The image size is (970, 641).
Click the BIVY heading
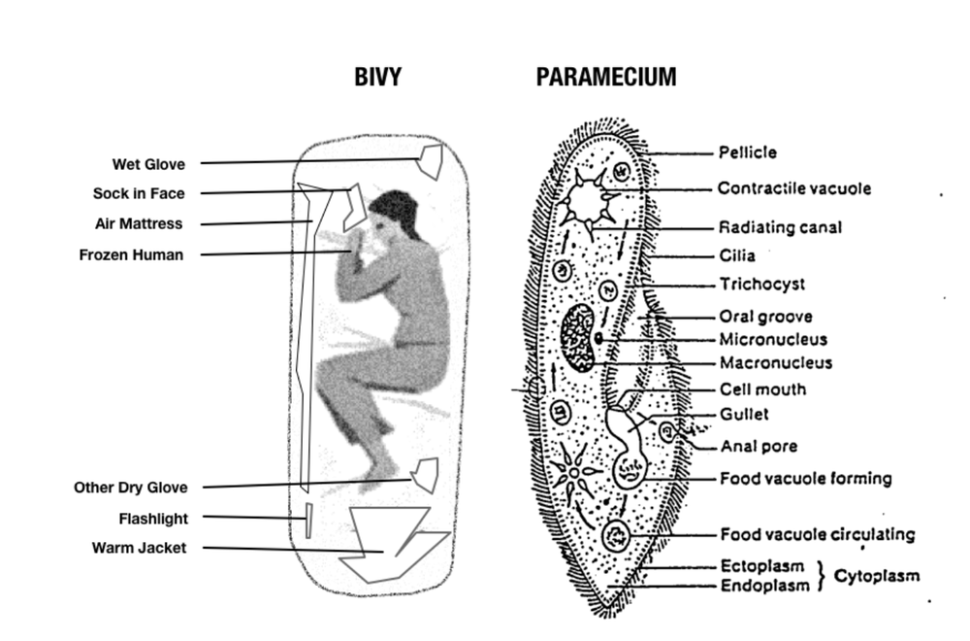click(377, 79)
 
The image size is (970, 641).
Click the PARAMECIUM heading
click(606, 79)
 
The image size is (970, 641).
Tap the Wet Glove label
click(148, 163)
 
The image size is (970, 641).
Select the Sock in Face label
click(139, 193)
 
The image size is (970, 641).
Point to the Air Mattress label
click(139, 223)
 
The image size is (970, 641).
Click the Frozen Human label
click(131, 254)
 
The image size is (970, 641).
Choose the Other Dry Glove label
click(131, 488)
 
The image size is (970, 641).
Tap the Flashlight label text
click(153, 519)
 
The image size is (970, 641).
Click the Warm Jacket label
click(139, 548)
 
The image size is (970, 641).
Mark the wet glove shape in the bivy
click(430, 159)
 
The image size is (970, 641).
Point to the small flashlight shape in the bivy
click(308, 520)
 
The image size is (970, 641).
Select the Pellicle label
click(747, 152)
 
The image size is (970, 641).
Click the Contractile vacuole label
click(794, 188)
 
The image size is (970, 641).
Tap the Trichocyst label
click(761, 285)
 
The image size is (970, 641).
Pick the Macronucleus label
click(775, 363)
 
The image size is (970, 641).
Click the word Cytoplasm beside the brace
click(877, 576)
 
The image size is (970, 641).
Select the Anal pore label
click(759, 447)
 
